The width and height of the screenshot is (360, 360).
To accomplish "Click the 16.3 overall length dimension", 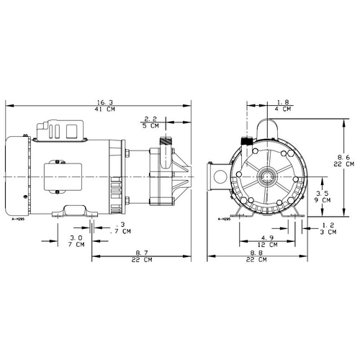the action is [x=105, y=102].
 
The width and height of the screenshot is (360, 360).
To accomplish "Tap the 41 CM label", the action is [x=105, y=109].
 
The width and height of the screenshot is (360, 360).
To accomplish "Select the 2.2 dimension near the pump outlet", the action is [x=150, y=119].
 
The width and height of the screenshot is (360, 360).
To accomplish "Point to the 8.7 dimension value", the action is [x=142, y=253].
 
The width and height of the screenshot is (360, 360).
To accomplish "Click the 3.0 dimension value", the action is [x=76, y=238].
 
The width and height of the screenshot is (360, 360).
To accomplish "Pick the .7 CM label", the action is [x=120, y=231].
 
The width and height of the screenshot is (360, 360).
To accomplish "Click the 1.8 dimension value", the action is [x=283, y=102].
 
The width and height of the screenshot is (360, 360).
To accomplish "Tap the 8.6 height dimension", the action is [x=343, y=158].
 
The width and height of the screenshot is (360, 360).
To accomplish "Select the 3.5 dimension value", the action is [x=322, y=193].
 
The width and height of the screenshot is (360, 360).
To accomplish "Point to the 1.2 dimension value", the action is [x=328, y=225].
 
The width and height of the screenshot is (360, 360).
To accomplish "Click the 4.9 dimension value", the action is [x=267, y=238].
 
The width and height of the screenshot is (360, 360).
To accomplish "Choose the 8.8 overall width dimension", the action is [x=256, y=253].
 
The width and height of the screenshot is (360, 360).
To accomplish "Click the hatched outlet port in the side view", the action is [x=166, y=141].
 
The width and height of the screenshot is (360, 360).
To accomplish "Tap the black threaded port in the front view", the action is [x=246, y=141].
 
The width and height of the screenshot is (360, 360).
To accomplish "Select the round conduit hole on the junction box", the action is [x=220, y=177].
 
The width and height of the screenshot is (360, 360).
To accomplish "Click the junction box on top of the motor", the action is [x=60, y=130].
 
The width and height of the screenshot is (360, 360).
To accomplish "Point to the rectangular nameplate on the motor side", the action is [x=63, y=177].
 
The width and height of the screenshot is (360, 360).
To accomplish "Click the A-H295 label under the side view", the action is [x=18, y=219].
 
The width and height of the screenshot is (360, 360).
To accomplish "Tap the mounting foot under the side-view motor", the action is [x=75, y=211].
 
